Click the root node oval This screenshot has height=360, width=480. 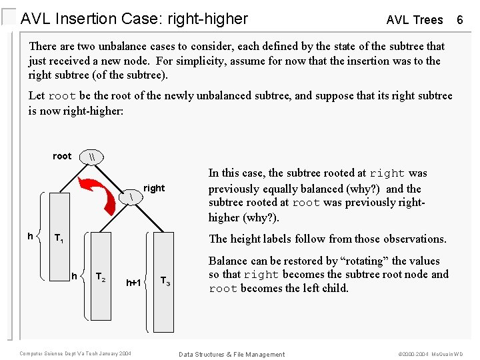91,156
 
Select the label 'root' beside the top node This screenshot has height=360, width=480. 62,156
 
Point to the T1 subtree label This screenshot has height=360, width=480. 59,239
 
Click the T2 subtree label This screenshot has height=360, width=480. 101,277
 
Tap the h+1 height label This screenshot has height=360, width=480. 134,283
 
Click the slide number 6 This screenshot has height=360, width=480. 459,19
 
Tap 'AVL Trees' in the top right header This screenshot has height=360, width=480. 415,20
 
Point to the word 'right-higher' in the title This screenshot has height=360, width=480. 208,19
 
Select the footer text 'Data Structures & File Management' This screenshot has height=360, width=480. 231,354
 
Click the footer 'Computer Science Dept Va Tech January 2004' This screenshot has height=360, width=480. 75,353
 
